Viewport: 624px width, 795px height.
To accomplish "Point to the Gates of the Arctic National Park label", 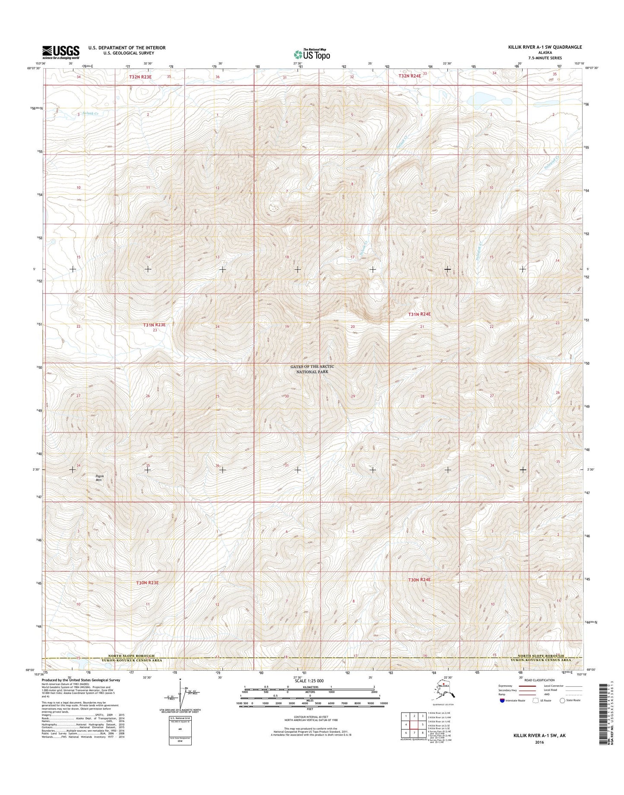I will pos(313,369).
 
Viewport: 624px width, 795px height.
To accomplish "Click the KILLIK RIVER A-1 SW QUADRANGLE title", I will pos(545,47).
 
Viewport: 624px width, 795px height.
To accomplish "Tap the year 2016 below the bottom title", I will pos(538,742).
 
